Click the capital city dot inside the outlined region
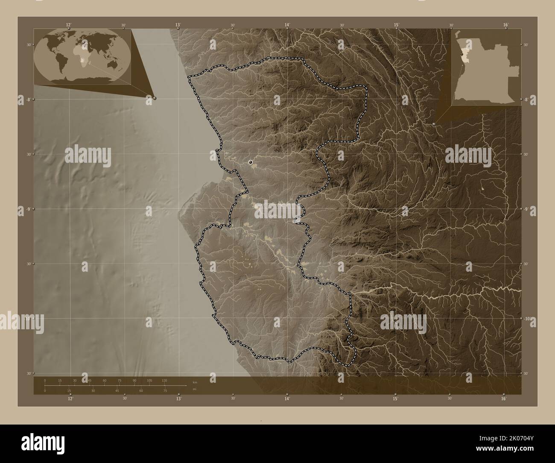pos(250,162)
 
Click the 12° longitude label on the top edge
pos(69,25)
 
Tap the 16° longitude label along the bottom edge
pos(504,399)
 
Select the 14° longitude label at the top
pos(287,25)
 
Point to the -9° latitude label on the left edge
pos(28,209)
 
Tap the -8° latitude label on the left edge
pos(28,99)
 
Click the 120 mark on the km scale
pos(164,380)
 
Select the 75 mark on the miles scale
pos(165,390)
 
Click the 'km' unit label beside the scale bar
pos(195,382)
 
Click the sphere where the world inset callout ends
pos(155,98)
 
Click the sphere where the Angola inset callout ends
pos(434,124)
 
